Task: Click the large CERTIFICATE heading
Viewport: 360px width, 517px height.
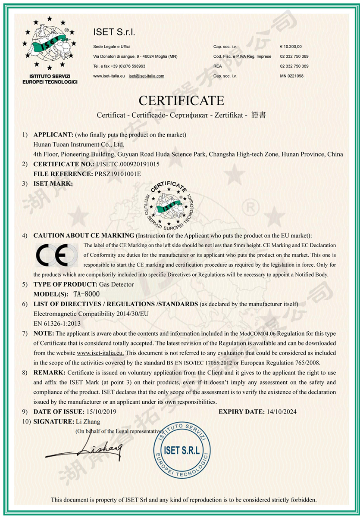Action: [182, 100]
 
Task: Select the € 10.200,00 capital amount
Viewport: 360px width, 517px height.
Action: [291, 46]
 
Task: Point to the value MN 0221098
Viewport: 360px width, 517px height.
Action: [292, 76]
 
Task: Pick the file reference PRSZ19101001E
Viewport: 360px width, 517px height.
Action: [118, 174]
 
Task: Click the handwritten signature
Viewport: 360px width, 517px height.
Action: [86, 450]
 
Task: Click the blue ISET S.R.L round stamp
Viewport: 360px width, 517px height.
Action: [182, 451]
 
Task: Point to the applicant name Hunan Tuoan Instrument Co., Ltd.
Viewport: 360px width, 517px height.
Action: [78, 144]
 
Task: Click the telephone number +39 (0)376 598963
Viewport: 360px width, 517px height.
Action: [125, 66]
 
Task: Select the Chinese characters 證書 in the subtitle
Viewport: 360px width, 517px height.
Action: [259, 115]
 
